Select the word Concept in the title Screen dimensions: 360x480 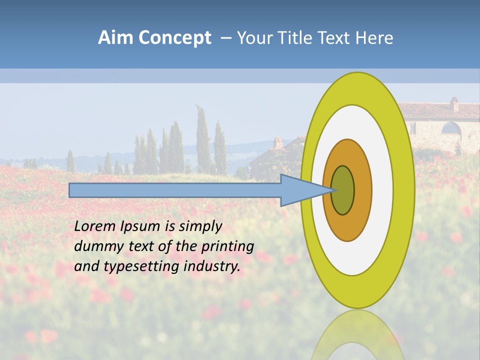[175, 38]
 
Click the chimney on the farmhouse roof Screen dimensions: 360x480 [454, 104]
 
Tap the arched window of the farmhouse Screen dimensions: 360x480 [451, 128]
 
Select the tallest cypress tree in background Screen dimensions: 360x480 [202, 140]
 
